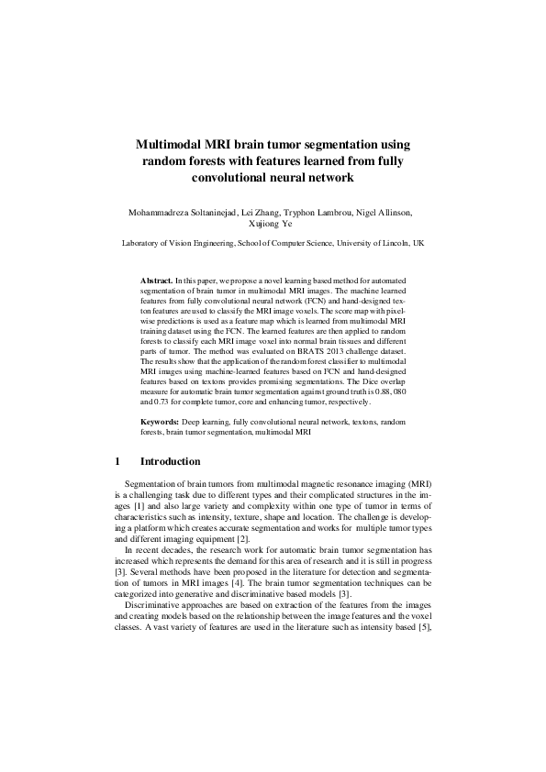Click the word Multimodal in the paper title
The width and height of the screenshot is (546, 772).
coord(172,145)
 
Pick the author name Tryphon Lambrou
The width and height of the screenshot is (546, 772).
coord(318,212)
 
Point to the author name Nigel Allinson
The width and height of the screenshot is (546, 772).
coord(384,212)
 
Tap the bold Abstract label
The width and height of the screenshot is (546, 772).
coord(156,277)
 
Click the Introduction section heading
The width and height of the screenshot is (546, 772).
coord(170,461)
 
